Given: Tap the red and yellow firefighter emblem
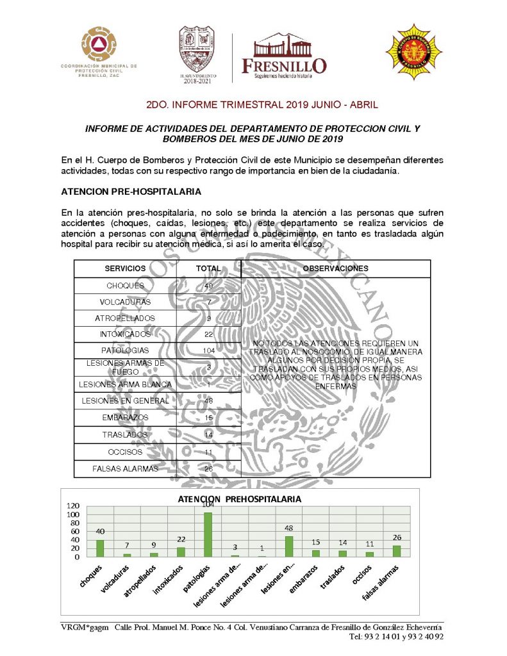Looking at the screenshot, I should click(413, 53).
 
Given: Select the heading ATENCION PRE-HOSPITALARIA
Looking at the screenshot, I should click(131, 191).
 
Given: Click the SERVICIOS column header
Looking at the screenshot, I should click(125, 268).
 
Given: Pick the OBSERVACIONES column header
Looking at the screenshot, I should click(335, 268).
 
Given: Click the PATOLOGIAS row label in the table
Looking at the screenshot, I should click(125, 351).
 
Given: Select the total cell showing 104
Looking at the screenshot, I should click(208, 351).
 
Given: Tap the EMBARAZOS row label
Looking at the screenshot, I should click(125, 418).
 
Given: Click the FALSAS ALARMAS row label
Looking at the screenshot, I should click(125, 468).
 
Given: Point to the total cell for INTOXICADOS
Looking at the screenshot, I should click(208, 334).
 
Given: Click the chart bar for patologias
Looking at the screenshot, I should click(208, 534).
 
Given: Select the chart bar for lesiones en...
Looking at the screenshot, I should click(288, 546).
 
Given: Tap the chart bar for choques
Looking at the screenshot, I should click(100, 548).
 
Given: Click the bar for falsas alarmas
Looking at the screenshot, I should click(396, 551).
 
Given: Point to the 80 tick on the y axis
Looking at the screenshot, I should click(75, 523).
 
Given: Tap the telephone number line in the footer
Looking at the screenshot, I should click(396, 637).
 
